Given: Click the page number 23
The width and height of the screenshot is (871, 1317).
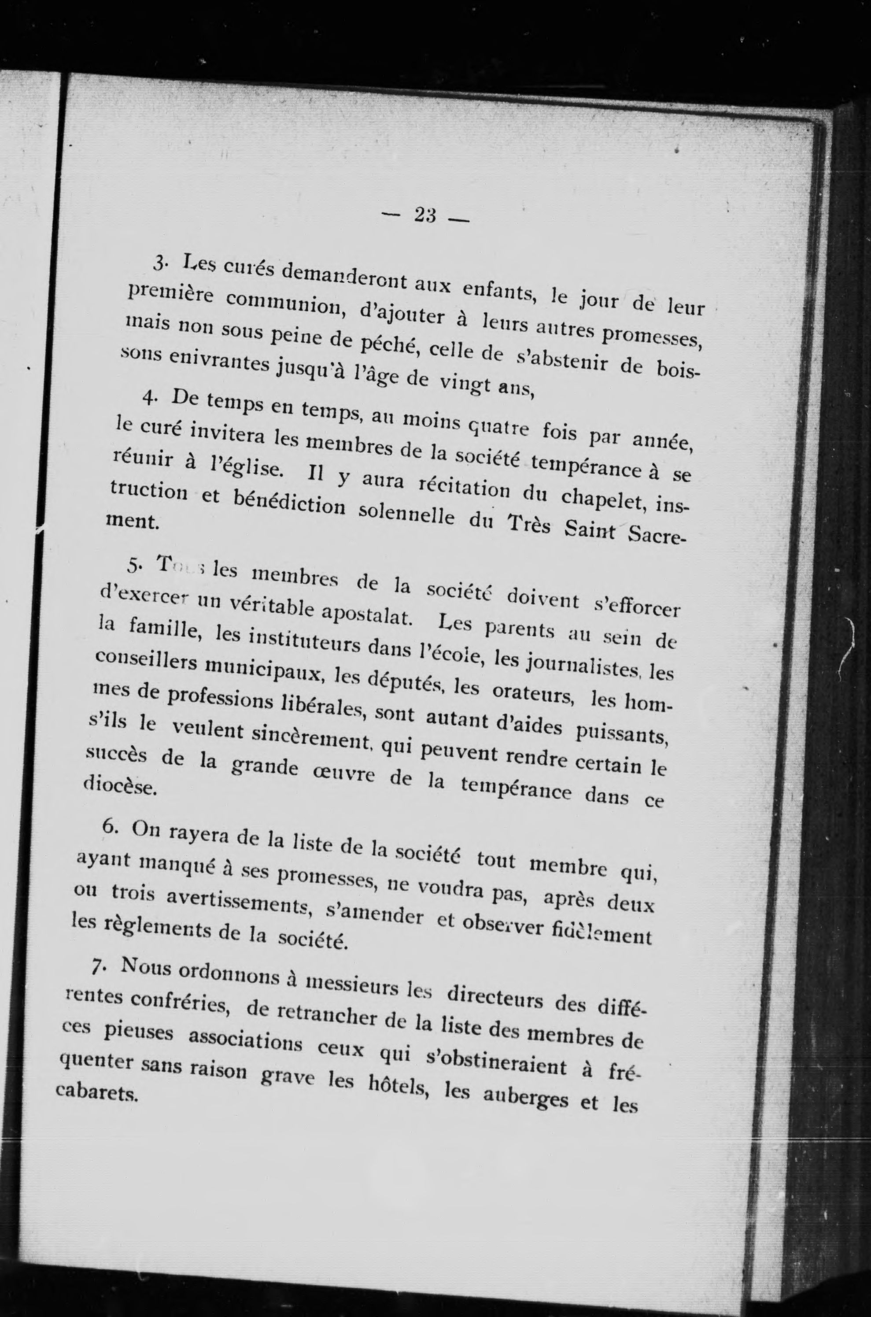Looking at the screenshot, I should tap(425, 216).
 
